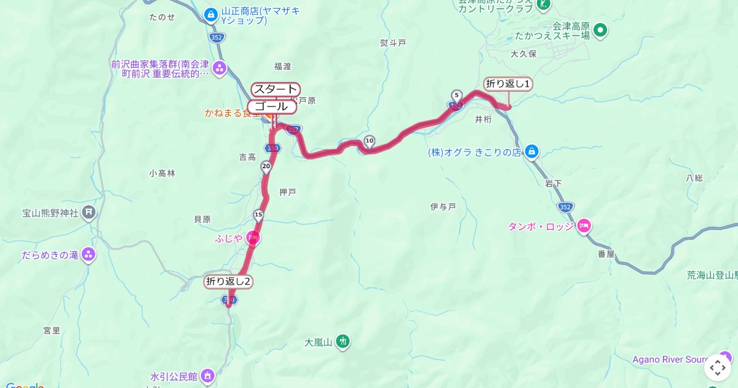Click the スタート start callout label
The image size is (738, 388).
pyautogui.click(x=275, y=89)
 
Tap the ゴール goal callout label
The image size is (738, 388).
pyautogui.click(x=272, y=107)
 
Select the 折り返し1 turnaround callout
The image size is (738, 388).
pyautogui.click(x=507, y=84)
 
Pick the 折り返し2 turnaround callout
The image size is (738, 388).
pyautogui.click(x=229, y=282)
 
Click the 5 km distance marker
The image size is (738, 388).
pyautogui.click(x=456, y=95)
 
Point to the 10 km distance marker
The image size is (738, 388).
pyautogui.click(x=369, y=141)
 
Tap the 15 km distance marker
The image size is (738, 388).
pyautogui.click(x=258, y=215)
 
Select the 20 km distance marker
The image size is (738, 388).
pyautogui.click(x=266, y=166)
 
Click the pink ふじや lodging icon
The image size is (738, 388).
pyautogui.click(x=253, y=237)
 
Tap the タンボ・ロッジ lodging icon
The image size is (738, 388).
pyautogui.click(x=584, y=226)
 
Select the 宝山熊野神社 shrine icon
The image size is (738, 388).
pyautogui.click(x=89, y=212)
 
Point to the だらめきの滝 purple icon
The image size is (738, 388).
pyautogui.click(x=89, y=254)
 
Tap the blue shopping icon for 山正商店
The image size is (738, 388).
pyautogui.click(x=211, y=14)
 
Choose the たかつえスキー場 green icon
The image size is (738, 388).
pyautogui.click(x=600, y=29)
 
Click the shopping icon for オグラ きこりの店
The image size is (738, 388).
pyautogui.click(x=532, y=152)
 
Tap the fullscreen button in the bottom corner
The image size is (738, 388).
pyautogui.click(x=717, y=368)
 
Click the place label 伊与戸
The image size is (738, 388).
pyautogui.click(x=443, y=207)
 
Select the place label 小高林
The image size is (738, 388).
pyautogui.click(x=162, y=174)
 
